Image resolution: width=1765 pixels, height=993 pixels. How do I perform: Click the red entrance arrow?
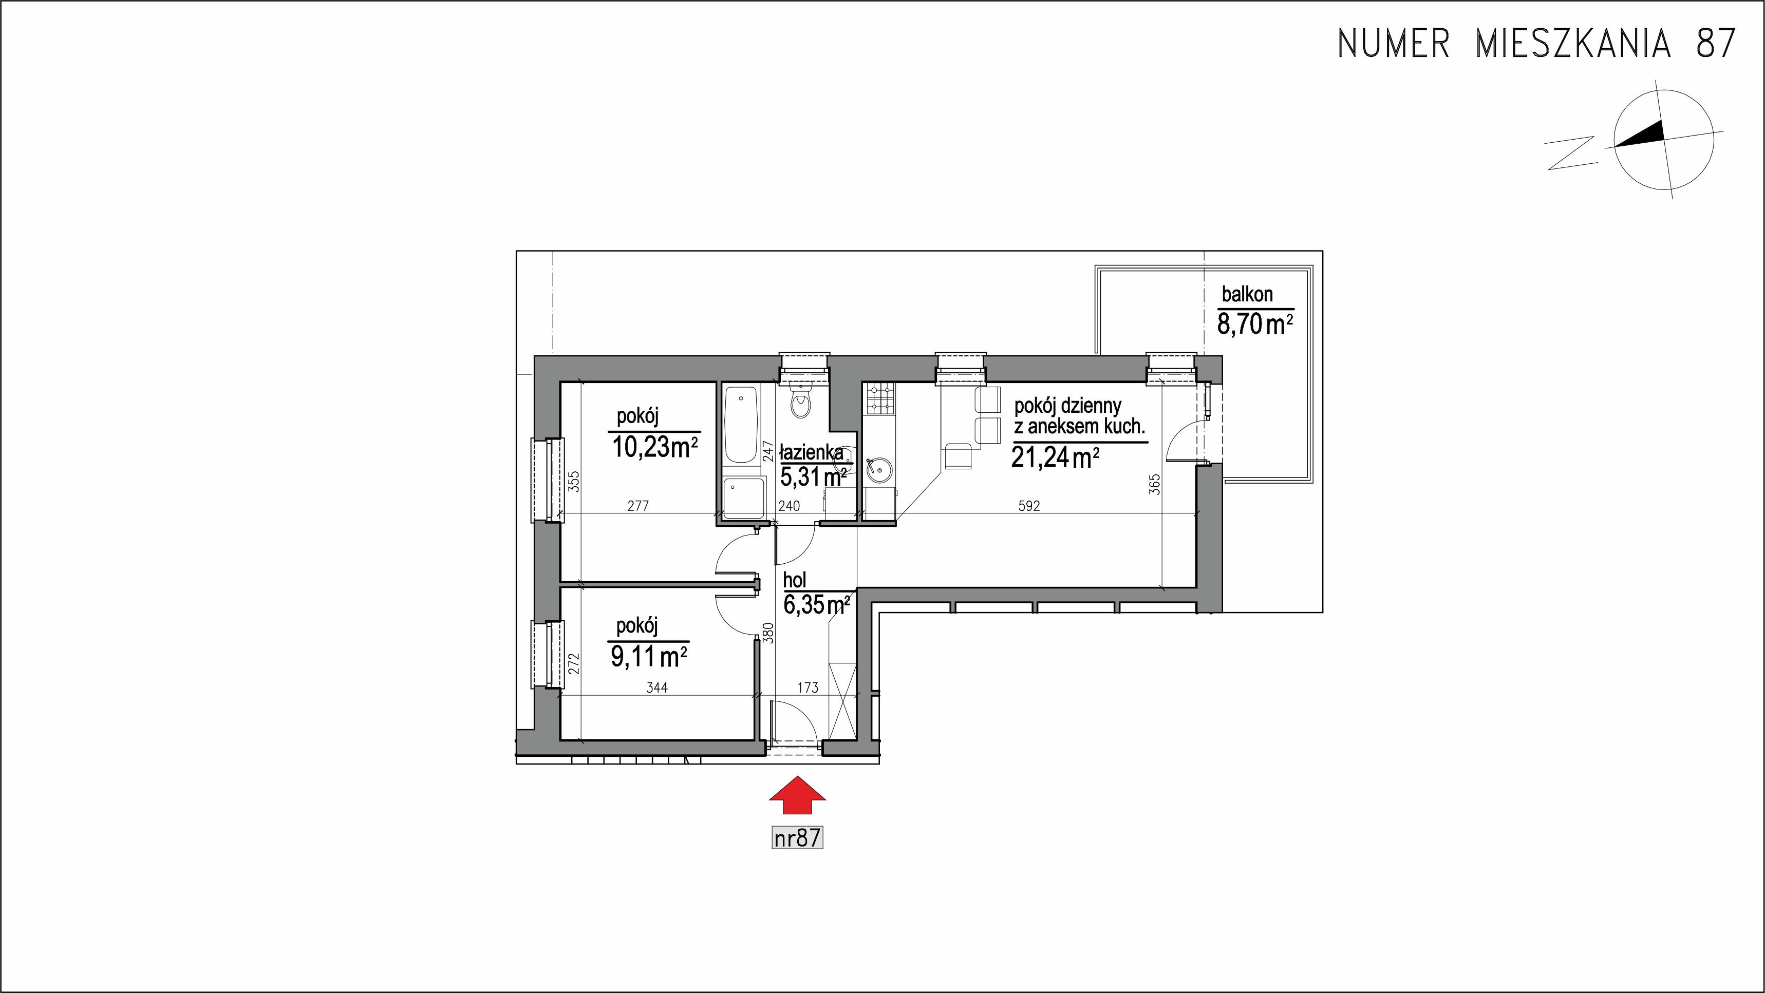798,795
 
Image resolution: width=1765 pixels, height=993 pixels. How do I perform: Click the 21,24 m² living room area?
1056,457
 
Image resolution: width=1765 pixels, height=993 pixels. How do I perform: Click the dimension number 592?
1029,506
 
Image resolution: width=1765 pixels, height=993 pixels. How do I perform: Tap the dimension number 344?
656,688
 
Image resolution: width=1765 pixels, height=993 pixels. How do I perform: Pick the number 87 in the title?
1715,44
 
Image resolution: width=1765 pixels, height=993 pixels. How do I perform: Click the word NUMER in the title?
1394,44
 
